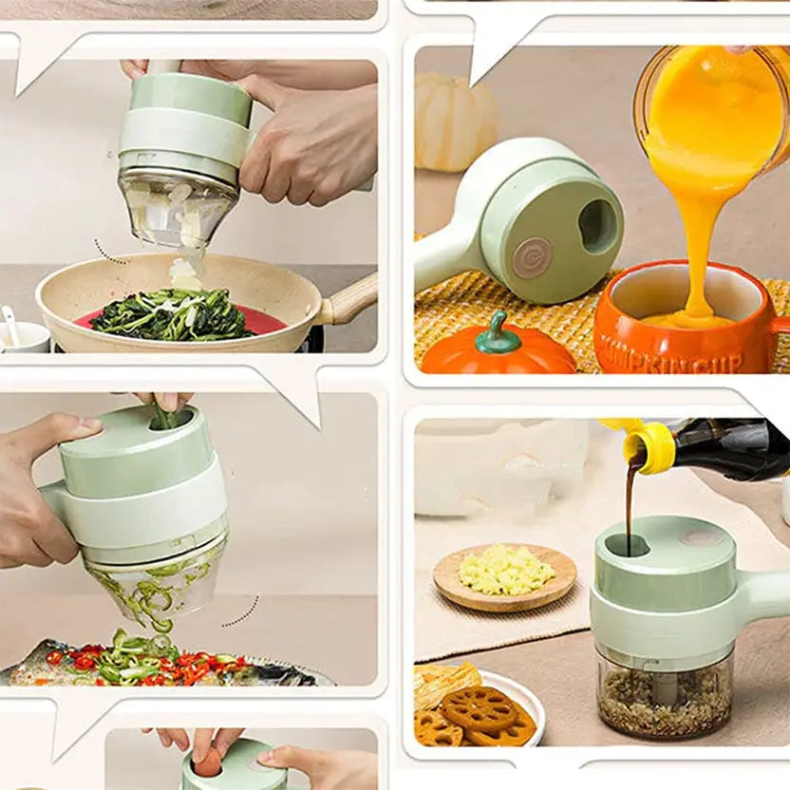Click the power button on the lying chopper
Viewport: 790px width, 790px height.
click(x=532, y=256)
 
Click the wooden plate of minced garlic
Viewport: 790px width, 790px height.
click(x=504, y=577)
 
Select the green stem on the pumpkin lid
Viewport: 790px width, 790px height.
click(x=497, y=333)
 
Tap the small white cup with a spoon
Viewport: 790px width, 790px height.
click(x=21, y=334)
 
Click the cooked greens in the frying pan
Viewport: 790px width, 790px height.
click(x=171, y=316)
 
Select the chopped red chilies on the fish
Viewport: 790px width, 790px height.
click(x=190, y=665)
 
